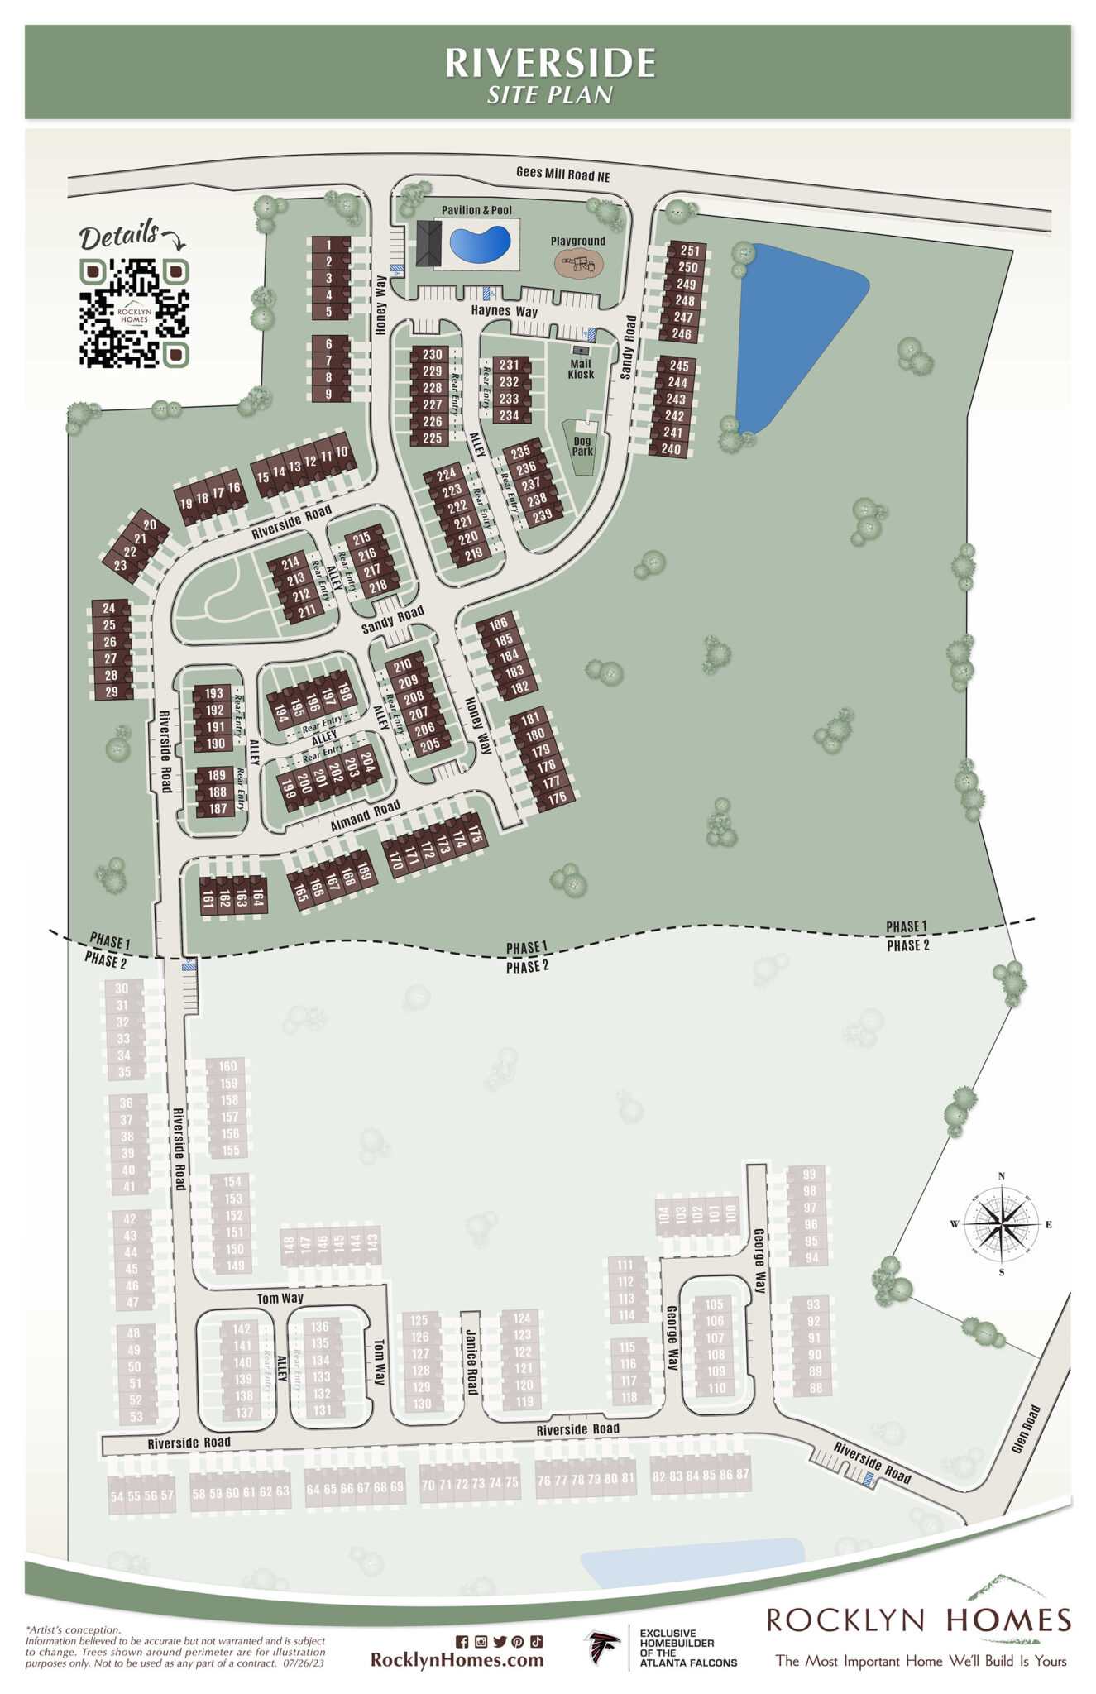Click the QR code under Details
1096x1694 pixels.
coord(134,313)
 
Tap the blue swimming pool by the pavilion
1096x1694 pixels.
coord(479,243)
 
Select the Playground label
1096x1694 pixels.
coord(578,241)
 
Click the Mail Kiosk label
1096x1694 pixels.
coord(581,369)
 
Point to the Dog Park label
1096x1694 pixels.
coord(582,446)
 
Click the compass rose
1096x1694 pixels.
coord(1001,1224)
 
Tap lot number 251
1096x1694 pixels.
coord(690,251)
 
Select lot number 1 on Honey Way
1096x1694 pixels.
coord(328,245)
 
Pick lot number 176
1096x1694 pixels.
coord(557,797)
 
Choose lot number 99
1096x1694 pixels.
coord(809,1175)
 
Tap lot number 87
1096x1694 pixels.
coord(742,1475)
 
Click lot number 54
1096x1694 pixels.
coord(117,1496)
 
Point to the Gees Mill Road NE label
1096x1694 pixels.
coord(562,174)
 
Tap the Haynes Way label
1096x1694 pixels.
coord(505,311)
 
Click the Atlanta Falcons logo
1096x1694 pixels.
coord(603,1648)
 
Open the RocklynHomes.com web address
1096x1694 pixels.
coord(457,1659)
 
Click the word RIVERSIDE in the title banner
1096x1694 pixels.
coord(550,63)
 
